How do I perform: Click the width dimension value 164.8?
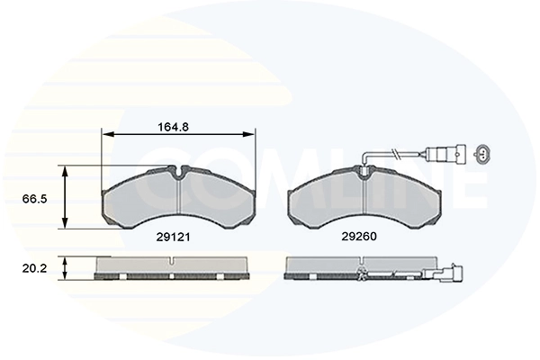[x=173, y=127]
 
